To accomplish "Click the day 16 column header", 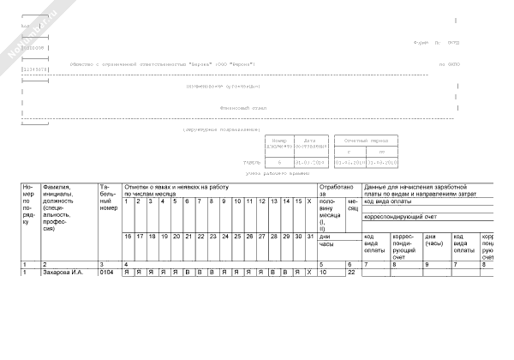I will point(128,236).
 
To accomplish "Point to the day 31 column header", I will point(308,236).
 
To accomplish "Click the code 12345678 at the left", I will point(32,69).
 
